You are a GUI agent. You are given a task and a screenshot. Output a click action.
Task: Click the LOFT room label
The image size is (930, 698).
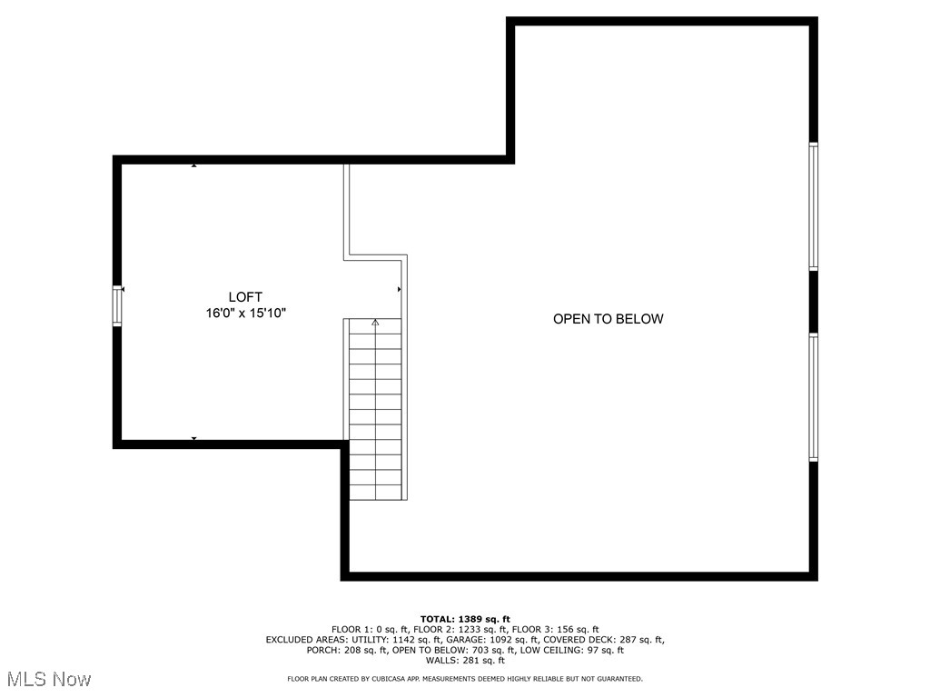(x=245, y=297)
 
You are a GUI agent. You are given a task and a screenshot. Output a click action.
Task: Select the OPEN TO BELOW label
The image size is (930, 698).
(x=608, y=319)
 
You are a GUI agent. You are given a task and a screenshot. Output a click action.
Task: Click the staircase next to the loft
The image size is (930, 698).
(x=375, y=409)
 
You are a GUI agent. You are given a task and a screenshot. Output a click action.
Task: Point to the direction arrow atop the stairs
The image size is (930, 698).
(x=375, y=322)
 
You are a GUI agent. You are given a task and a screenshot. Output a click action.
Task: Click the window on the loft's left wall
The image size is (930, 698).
(x=117, y=305)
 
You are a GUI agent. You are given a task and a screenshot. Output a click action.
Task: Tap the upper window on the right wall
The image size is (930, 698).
(x=814, y=206)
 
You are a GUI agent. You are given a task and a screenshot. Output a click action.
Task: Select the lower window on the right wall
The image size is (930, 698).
(x=814, y=397)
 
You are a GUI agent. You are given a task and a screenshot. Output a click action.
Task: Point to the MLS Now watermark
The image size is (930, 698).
(x=49, y=679)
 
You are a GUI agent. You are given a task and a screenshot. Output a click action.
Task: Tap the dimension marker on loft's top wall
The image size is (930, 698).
(x=193, y=165)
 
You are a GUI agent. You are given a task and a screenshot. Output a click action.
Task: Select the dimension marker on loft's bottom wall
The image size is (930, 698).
(x=193, y=439)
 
